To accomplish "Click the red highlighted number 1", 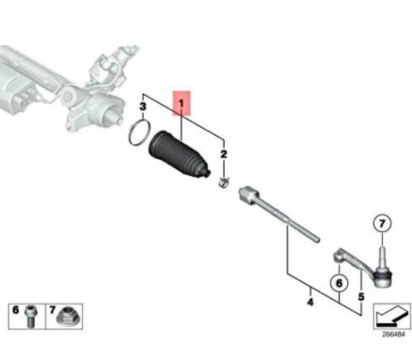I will tap(182, 100).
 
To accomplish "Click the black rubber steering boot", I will tap(179, 153).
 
